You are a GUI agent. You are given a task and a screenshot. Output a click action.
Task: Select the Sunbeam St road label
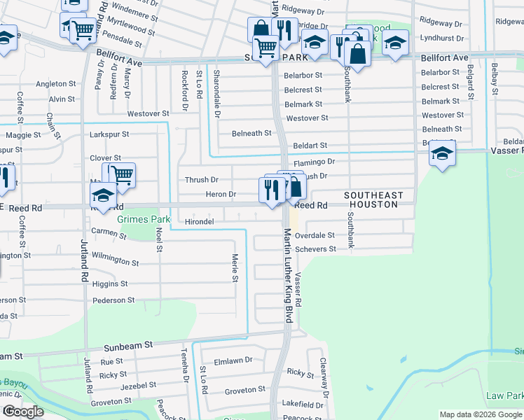point(128,346)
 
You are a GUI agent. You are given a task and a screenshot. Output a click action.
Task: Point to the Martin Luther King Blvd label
point(287,276)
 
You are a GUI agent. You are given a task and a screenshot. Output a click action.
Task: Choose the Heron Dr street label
point(221,194)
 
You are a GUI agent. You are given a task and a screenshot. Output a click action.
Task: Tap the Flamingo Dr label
point(315,162)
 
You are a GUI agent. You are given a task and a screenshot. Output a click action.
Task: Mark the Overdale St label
point(315,236)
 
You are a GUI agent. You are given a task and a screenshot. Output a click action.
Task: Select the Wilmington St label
point(116,260)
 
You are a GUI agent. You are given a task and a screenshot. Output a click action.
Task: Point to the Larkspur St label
point(109,134)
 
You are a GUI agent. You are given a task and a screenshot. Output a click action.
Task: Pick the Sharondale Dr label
point(216,93)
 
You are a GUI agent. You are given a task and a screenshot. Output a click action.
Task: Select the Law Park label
point(504,395)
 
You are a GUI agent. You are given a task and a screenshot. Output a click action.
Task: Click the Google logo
point(22,412)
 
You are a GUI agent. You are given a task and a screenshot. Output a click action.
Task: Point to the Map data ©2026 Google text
point(481,414)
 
